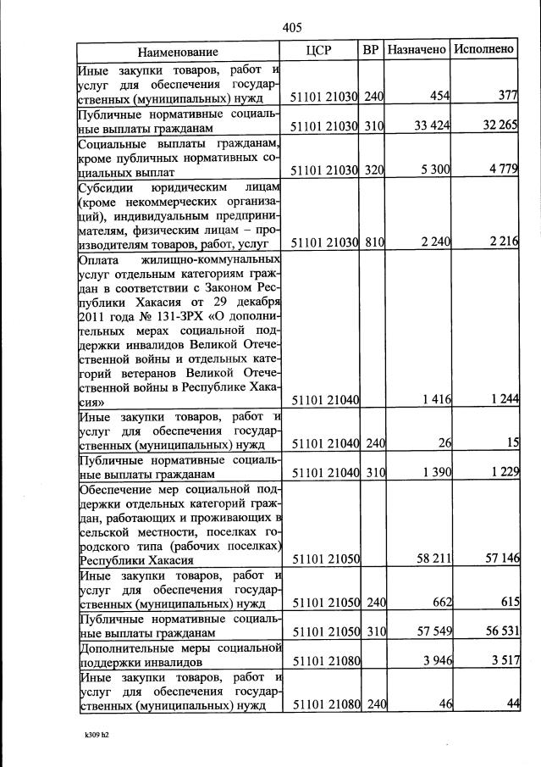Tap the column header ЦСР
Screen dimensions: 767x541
[318, 50]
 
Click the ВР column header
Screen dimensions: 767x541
[370, 50]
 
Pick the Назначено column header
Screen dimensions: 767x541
[417, 50]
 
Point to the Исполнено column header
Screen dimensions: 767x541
[483, 50]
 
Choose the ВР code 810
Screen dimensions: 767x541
[373, 242]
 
